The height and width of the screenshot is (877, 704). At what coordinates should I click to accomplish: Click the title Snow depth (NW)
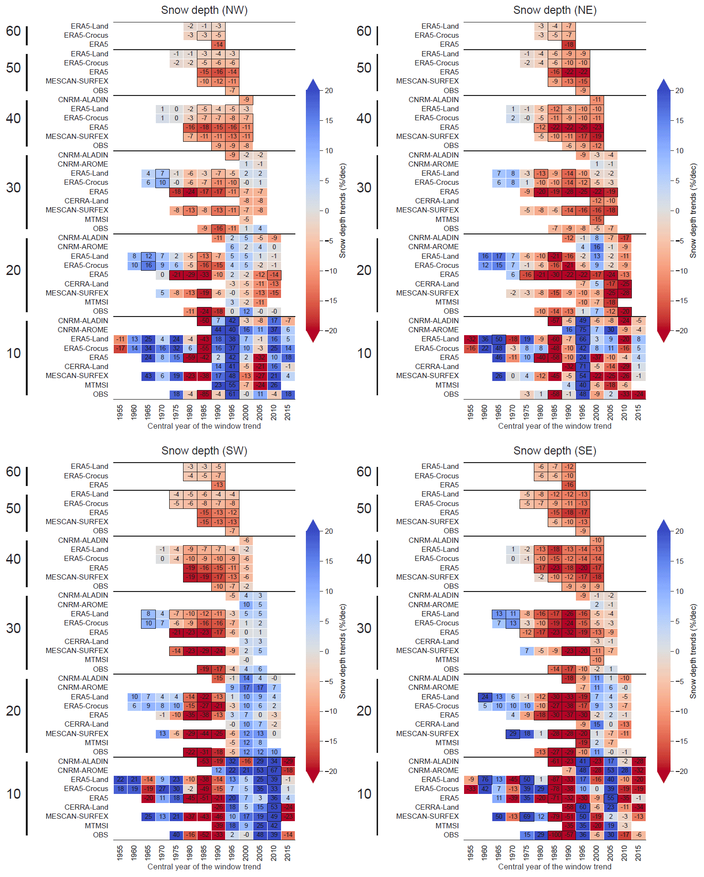point(204,10)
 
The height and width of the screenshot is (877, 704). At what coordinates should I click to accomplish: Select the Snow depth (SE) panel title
point(554,451)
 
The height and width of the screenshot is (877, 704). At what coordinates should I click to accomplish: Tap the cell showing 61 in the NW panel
point(232,394)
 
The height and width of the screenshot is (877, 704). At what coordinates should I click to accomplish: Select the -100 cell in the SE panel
point(555,835)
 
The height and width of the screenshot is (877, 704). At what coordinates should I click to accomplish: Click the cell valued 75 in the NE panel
point(583,330)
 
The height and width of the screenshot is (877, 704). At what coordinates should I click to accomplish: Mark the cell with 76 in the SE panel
point(485,780)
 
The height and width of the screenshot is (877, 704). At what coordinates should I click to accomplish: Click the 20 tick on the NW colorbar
point(329,91)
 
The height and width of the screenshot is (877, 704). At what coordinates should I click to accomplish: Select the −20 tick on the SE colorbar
point(679,771)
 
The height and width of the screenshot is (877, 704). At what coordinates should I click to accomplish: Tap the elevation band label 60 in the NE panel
point(364,31)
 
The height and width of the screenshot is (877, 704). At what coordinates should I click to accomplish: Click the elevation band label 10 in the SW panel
point(13,794)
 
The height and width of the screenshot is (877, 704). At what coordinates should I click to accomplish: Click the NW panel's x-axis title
point(204,426)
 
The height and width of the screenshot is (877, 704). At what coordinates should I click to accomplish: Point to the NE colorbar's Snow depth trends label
point(693,211)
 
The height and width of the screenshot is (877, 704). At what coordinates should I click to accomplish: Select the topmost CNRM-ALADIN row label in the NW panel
point(83,100)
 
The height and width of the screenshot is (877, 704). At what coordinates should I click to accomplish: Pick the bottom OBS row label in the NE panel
point(451,394)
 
